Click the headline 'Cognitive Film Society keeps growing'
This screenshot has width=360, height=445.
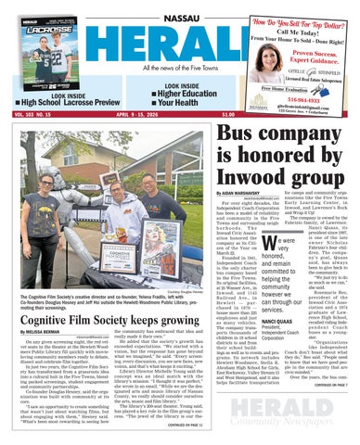[x=105, y=315]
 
